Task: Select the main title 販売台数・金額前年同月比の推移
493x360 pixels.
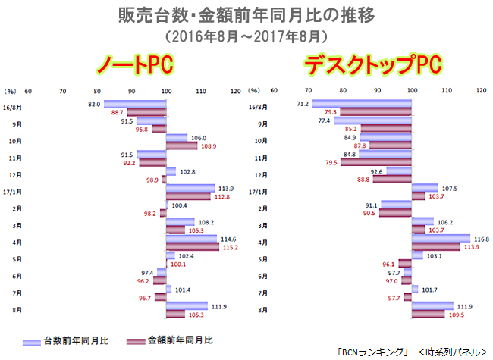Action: (x=246, y=14)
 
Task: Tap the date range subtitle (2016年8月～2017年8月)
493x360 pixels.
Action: (x=246, y=35)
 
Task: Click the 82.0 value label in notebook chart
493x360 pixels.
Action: (x=95, y=103)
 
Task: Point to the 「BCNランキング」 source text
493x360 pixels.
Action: (x=376, y=352)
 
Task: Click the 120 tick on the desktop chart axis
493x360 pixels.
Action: (x=480, y=89)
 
